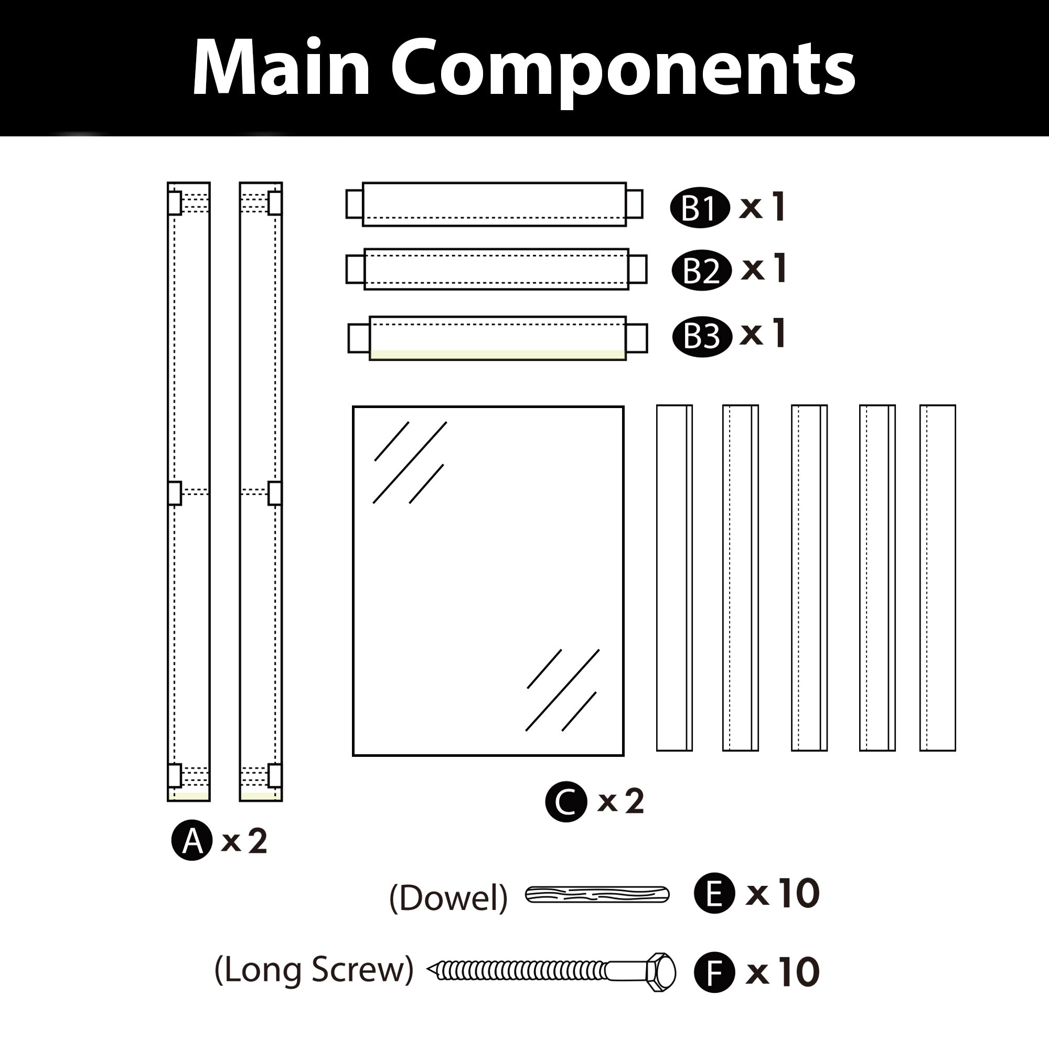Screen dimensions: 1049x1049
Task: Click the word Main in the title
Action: [281, 69]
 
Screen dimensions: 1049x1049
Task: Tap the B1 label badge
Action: [700, 208]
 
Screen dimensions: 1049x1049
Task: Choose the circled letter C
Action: [566, 801]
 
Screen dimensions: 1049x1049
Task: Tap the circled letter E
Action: [714, 893]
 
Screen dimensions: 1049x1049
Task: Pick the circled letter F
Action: [714, 972]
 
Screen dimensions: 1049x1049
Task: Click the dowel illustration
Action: [597, 895]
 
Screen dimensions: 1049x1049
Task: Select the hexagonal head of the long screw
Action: [661, 972]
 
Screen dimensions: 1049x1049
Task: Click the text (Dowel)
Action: [448, 898]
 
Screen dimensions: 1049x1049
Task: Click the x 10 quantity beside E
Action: [783, 893]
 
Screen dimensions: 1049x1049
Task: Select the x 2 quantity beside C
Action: [620, 801]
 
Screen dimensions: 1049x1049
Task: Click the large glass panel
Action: [488, 581]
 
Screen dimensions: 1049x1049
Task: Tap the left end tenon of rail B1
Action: [355, 204]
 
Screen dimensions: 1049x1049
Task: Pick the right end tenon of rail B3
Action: [636, 338]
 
